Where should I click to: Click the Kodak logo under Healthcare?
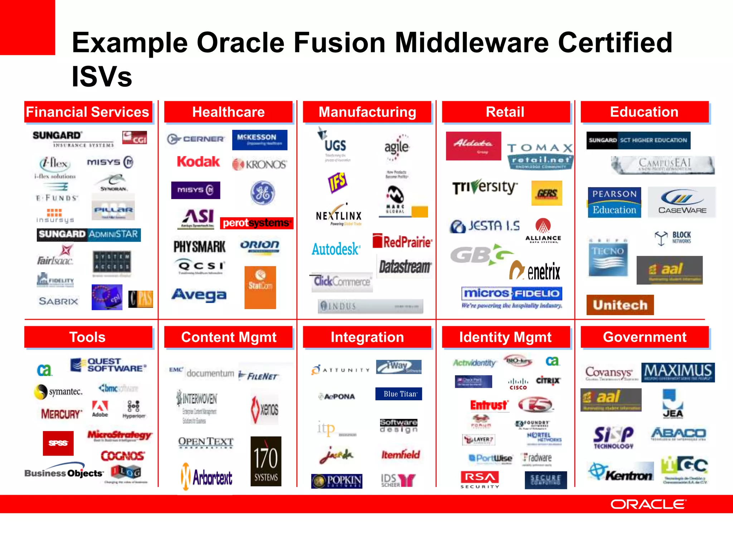pos(198,162)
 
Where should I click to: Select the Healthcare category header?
pos(228,112)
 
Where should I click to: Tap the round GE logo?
pos(263,193)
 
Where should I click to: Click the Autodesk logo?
pos(336,249)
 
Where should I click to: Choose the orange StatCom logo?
pos(260,287)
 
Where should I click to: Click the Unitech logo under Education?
pos(620,305)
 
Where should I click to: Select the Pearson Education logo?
pos(614,202)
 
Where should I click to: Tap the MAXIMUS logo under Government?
pos(678,372)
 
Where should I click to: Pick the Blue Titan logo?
pos(399,394)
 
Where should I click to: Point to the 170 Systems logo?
pos(266,461)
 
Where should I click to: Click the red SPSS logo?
pos(58,443)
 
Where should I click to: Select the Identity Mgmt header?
pos(505,337)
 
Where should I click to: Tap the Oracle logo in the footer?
pos(648,504)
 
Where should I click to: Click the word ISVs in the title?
pos(102,77)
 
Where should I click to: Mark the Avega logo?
pos(199,295)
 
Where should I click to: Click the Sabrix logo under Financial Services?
pos(58,301)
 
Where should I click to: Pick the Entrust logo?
pos(489,405)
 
